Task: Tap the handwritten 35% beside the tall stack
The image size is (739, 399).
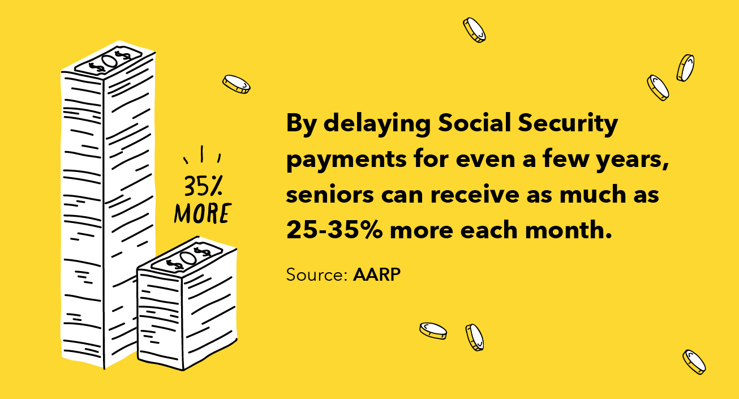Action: [x=201, y=185]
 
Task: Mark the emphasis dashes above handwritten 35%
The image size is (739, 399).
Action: [x=203, y=154]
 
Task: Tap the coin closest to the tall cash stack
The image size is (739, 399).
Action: [x=236, y=84]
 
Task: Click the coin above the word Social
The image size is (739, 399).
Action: [x=474, y=29]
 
